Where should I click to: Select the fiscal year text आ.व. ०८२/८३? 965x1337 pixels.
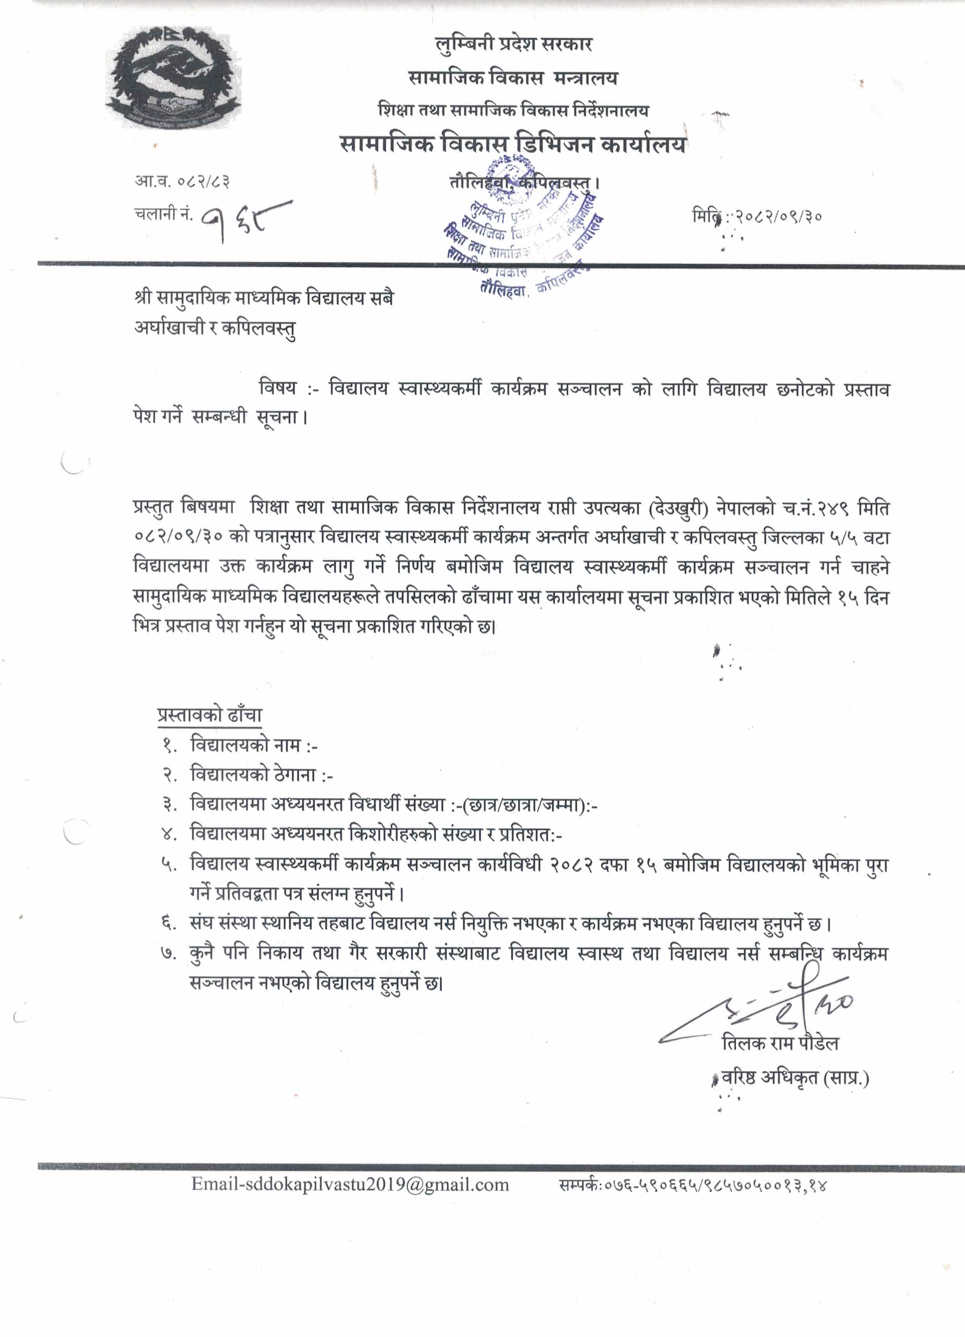click(x=182, y=181)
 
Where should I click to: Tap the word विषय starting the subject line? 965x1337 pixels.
click(x=278, y=388)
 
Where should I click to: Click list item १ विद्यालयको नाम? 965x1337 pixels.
click(x=253, y=745)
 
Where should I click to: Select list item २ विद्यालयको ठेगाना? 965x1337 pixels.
click(x=261, y=775)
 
